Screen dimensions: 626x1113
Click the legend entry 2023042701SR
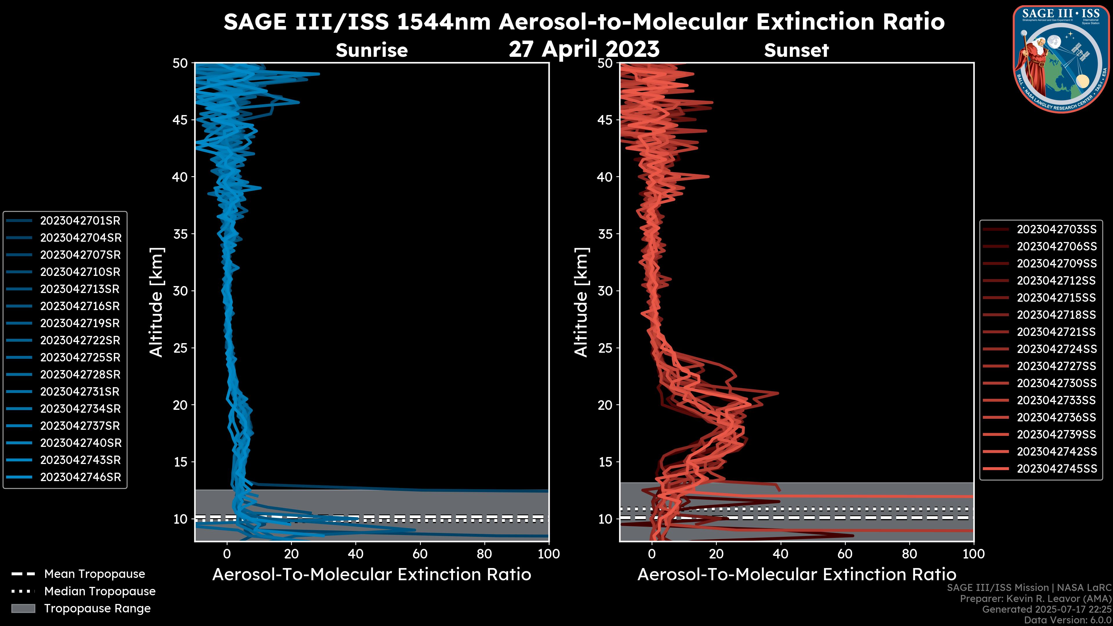80,221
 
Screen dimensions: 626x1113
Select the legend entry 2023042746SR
80,477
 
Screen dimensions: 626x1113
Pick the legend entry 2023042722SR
80,341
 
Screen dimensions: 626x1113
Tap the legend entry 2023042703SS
1056,230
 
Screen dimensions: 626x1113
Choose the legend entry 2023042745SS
1056,469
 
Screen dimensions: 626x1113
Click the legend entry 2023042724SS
1056,349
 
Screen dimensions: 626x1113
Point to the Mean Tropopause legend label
94,574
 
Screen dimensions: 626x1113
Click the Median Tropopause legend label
99,592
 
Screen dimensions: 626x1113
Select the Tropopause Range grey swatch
23,608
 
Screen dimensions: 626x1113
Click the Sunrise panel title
372,50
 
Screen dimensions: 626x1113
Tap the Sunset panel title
796,50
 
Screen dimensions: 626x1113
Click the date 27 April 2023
584,49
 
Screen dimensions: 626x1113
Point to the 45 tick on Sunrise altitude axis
181,120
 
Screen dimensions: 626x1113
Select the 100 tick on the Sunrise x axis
548,554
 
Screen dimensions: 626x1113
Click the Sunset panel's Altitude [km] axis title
581,302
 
